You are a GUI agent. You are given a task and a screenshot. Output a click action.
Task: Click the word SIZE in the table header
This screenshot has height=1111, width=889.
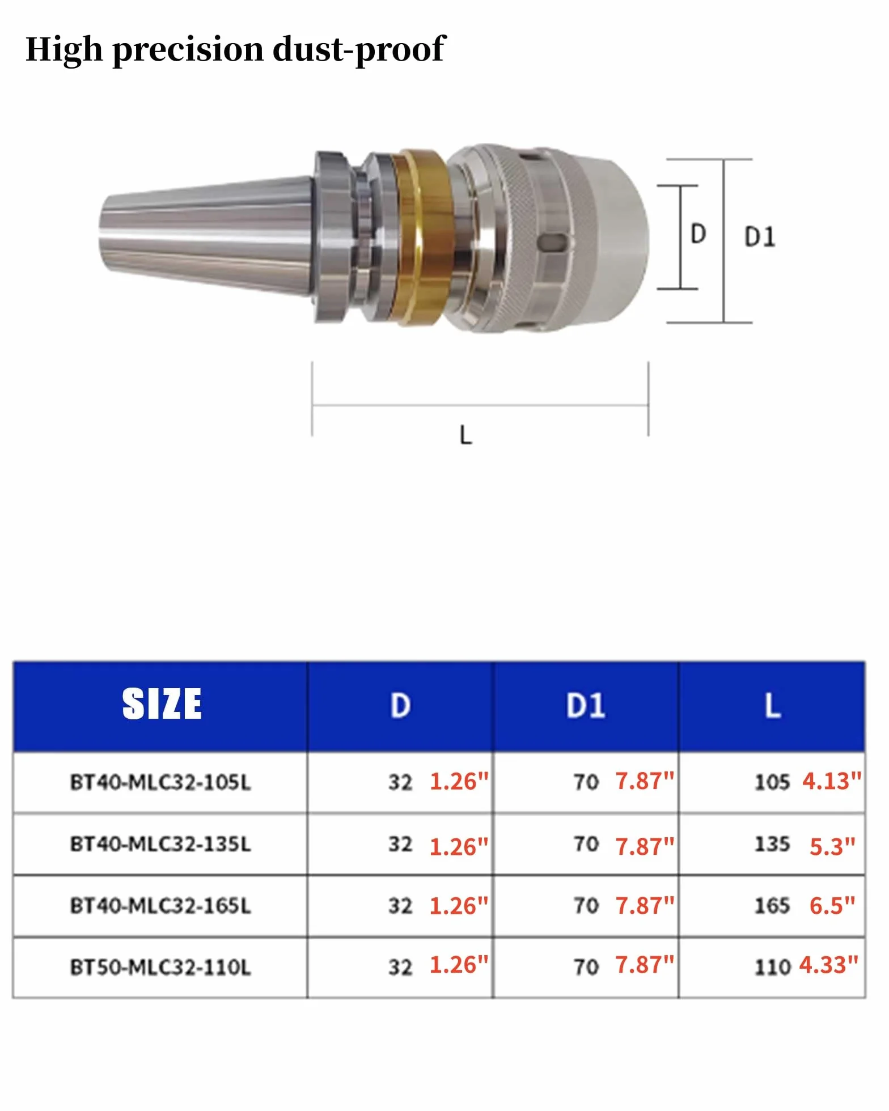162,704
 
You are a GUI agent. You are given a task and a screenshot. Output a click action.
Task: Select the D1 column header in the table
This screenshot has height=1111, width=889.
586,706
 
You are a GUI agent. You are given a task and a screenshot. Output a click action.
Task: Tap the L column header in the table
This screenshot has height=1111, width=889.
772,706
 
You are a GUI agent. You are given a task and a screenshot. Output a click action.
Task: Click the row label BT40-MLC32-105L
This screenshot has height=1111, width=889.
160,782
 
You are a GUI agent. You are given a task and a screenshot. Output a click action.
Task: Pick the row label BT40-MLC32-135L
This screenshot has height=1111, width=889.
160,844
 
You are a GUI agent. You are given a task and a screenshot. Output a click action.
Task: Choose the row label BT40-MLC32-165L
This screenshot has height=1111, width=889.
160,906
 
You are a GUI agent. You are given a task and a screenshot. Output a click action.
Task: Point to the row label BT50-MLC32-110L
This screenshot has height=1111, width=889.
160,967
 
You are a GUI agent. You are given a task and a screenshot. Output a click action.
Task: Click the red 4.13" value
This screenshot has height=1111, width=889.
832,781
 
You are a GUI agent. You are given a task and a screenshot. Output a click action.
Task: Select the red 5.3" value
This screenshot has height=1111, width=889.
832,846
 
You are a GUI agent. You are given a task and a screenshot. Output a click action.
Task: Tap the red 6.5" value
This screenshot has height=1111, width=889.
832,905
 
